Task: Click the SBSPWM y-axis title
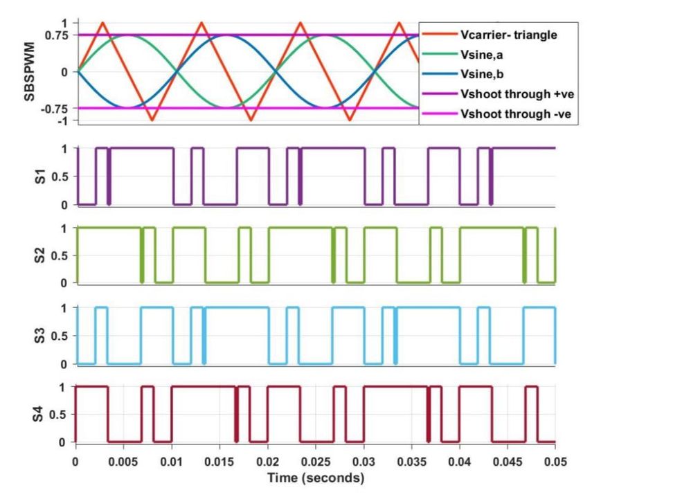pos(30,71)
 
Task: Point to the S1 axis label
pos(40,177)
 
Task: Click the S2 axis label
pos(40,255)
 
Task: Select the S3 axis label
pos(40,336)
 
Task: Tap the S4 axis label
pos(40,415)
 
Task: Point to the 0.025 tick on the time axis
pos(316,460)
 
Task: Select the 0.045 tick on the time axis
pos(508,460)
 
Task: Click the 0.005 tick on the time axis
pos(123,460)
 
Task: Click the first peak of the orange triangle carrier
pos(103,22)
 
